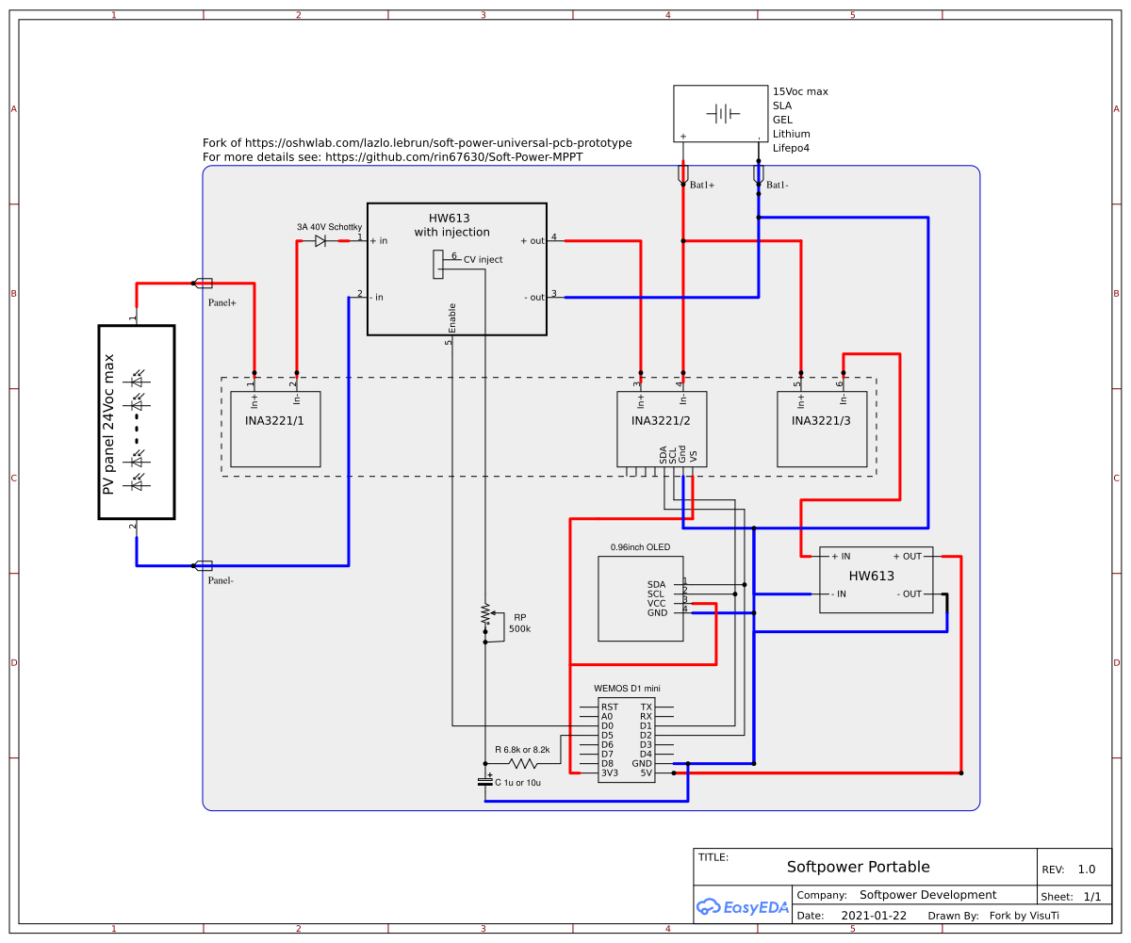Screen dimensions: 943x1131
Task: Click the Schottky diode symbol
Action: [320, 241]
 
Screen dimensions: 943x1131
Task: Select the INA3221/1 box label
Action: [275, 420]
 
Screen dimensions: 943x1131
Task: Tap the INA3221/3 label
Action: [821, 420]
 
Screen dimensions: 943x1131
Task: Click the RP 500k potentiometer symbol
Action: [486, 614]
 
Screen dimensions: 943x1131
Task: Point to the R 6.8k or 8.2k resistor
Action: [522, 763]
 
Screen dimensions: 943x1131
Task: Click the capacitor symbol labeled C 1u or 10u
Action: [485, 782]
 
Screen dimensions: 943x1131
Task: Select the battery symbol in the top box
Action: [721, 114]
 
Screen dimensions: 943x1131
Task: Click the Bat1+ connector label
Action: [702, 186]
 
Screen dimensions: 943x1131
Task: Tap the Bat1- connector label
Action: [778, 186]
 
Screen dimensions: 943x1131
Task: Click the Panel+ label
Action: [221, 302]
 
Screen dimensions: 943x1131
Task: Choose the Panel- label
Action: [221, 580]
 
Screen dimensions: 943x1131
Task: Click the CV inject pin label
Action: [483, 259]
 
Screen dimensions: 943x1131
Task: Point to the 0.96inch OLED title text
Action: [640, 546]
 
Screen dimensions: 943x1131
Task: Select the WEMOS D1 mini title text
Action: [627, 689]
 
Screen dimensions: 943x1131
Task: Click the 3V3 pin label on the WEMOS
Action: [610, 772]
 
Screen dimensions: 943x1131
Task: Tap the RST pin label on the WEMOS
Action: [610, 707]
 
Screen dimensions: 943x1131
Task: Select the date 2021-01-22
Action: [874, 915]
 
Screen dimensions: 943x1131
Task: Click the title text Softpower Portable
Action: [858, 867]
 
